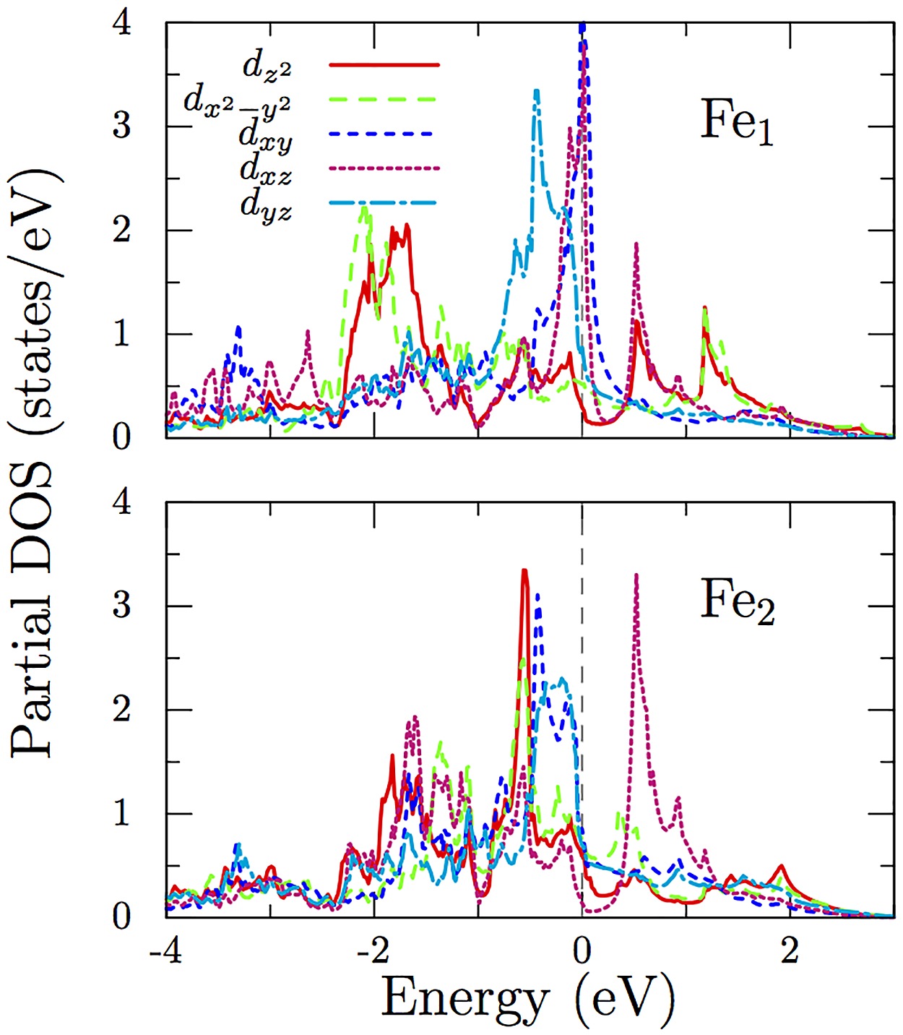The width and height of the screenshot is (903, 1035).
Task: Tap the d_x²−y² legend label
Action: pos(238,101)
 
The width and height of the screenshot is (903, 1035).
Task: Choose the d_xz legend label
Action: pos(266,170)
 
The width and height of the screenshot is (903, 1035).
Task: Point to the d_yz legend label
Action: pos(266,205)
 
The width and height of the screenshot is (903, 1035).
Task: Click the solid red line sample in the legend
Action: pos(384,64)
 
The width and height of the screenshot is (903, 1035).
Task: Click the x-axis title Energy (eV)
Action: pos(527,1000)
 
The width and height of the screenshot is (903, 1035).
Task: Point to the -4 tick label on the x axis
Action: pos(165,950)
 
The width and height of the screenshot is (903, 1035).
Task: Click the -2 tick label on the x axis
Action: pos(373,950)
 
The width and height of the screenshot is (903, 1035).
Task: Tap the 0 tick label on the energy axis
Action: pos(582,950)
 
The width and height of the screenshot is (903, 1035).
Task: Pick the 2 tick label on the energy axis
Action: pos(790,950)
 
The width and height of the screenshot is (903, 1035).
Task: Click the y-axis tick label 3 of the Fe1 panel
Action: pos(122,126)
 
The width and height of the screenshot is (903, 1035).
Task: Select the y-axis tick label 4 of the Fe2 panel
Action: pos(122,502)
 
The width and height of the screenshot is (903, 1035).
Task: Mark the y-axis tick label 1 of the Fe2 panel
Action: pos(122,814)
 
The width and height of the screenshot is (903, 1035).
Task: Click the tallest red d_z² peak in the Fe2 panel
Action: pos(524,572)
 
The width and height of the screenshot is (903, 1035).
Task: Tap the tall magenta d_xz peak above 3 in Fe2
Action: pos(636,577)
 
